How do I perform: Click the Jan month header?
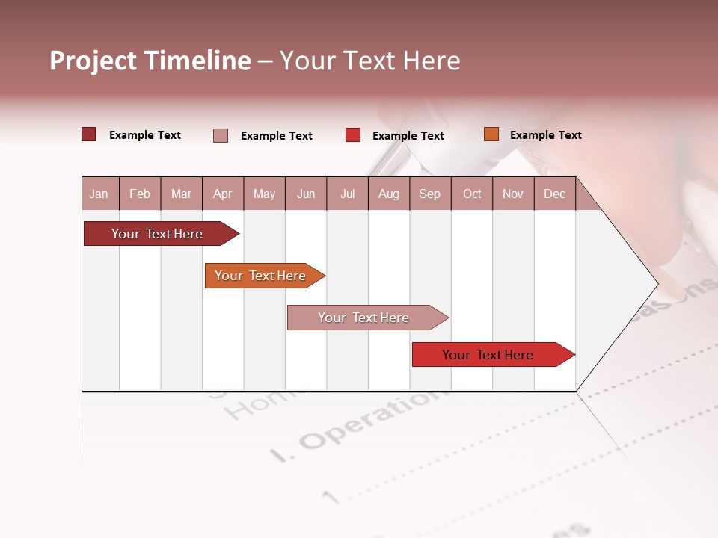pos(99,194)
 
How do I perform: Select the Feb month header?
pos(140,194)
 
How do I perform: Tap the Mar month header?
pos(181,194)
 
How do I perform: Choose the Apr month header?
pos(222,194)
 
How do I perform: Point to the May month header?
pos(264,194)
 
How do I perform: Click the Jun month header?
pos(306,194)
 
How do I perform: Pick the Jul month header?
pos(347,194)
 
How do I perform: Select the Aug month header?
pos(388,194)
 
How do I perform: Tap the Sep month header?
pos(429,194)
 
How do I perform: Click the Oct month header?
pos(472,194)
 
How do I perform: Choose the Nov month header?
pos(513,194)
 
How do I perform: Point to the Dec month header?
pos(554,194)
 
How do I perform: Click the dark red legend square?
pos(89,134)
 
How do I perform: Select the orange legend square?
pos(491,134)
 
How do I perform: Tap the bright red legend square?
pos(353,135)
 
